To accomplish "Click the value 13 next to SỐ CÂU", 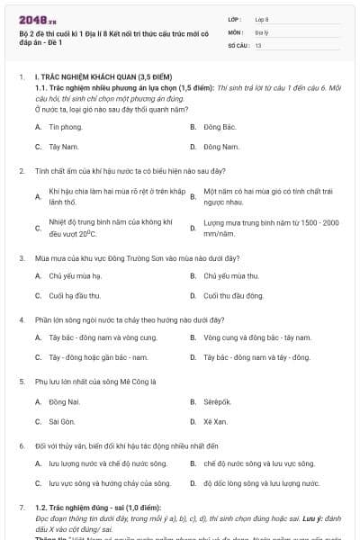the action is tap(258, 44).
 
